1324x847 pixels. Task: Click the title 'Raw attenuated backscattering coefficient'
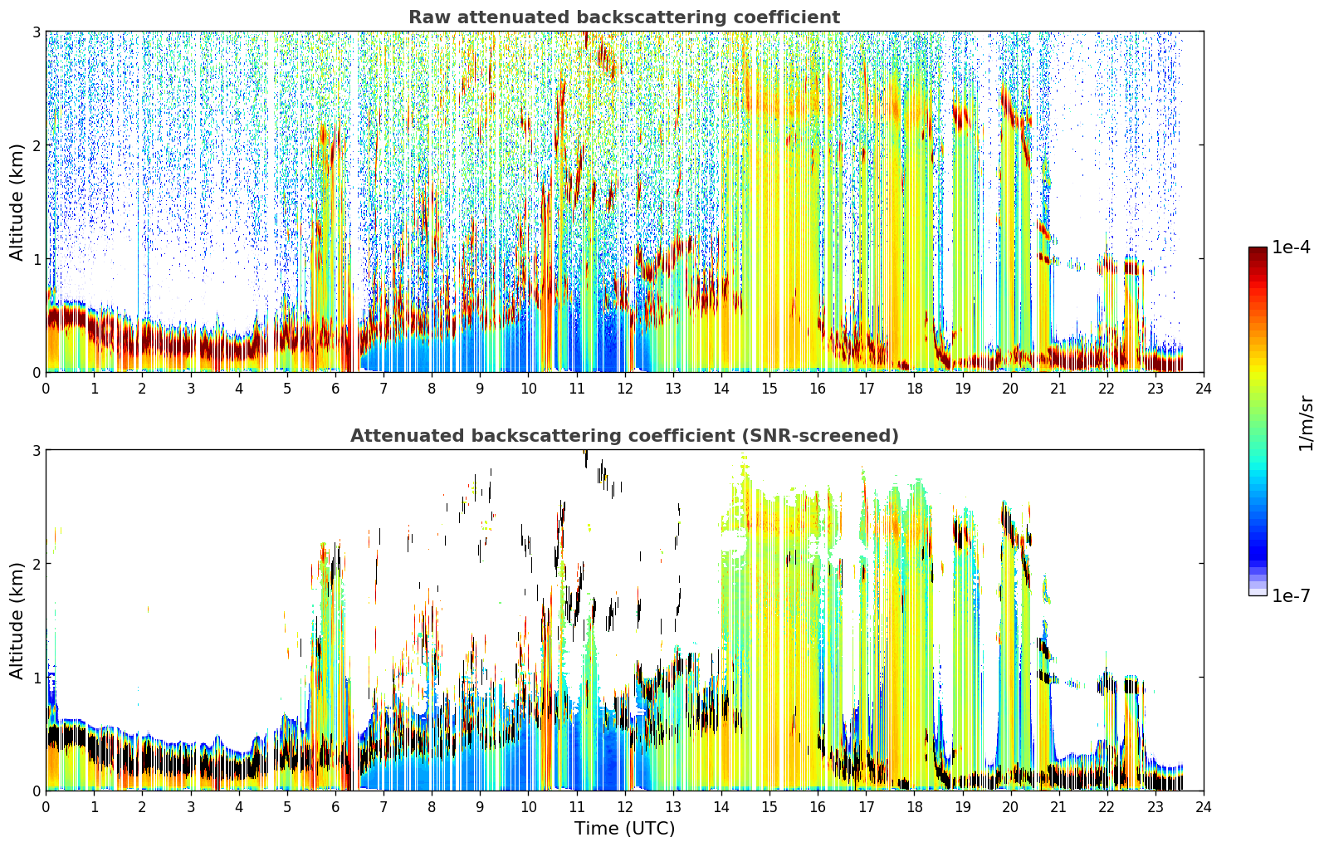[624, 17]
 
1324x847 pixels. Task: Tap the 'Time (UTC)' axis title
[624, 829]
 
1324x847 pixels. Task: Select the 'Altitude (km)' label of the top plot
[17, 203]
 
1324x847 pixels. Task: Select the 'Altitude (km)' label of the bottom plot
[17, 620]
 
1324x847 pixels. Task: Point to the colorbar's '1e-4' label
[1291, 247]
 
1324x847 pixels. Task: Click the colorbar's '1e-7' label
[1291, 595]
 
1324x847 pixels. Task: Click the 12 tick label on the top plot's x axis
[624, 389]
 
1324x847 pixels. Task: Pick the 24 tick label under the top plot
[1204, 389]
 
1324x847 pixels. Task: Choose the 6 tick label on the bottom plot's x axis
[335, 807]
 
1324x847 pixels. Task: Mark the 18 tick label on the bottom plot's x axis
[914, 807]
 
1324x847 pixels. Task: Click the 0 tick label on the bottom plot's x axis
[46, 807]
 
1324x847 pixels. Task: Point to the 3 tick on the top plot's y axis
[36, 32]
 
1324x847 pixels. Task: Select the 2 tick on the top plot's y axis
[36, 145]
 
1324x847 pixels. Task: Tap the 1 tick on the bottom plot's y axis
[36, 678]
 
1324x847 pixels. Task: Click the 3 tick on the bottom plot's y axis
[36, 450]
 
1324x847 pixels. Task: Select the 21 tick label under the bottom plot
[1058, 807]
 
